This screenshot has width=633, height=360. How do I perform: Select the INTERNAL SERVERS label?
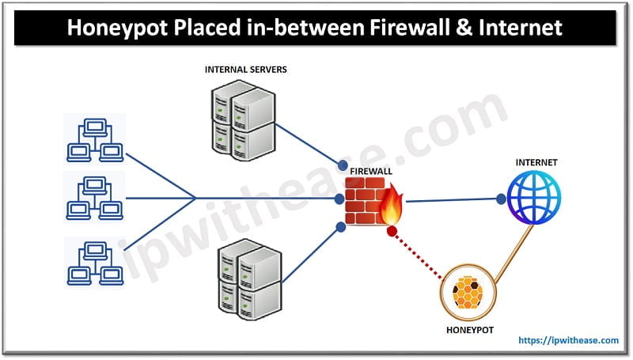click(x=245, y=70)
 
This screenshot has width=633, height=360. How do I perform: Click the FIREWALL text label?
click(x=373, y=170)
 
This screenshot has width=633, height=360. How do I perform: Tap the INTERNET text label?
click(x=536, y=162)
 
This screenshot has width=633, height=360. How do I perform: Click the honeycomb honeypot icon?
click(x=466, y=293)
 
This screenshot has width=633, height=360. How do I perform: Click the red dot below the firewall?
click(x=391, y=231)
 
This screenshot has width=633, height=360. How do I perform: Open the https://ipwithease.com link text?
click(x=568, y=340)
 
